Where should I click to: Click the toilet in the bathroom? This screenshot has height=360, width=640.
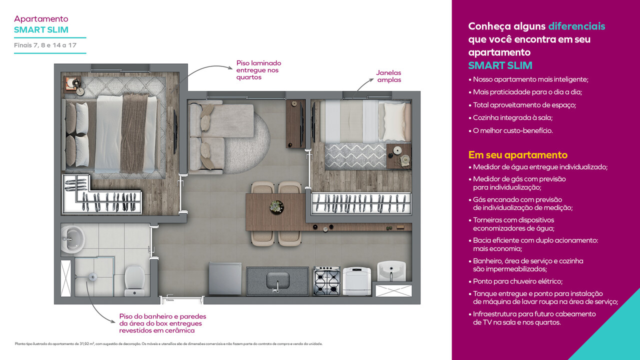tap(134, 278)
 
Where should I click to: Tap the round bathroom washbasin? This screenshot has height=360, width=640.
tap(73, 238)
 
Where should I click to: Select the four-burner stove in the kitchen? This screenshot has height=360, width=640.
tap(327, 281)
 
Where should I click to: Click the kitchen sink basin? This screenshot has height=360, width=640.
tap(277, 279)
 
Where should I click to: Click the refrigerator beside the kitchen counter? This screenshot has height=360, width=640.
tap(225, 279)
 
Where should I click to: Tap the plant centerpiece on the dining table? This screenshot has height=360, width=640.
tap(276, 206)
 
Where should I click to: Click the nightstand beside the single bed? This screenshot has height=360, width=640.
tap(399, 155)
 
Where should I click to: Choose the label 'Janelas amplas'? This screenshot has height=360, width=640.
tap(388, 76)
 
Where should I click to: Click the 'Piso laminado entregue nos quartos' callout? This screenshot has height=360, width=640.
tap(258, 70)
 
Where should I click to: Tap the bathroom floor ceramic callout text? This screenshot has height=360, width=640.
tap(162, 323)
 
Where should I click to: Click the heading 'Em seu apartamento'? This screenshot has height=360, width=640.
tap(517, 155)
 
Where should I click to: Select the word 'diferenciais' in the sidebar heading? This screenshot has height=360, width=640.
tap(576, 26)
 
